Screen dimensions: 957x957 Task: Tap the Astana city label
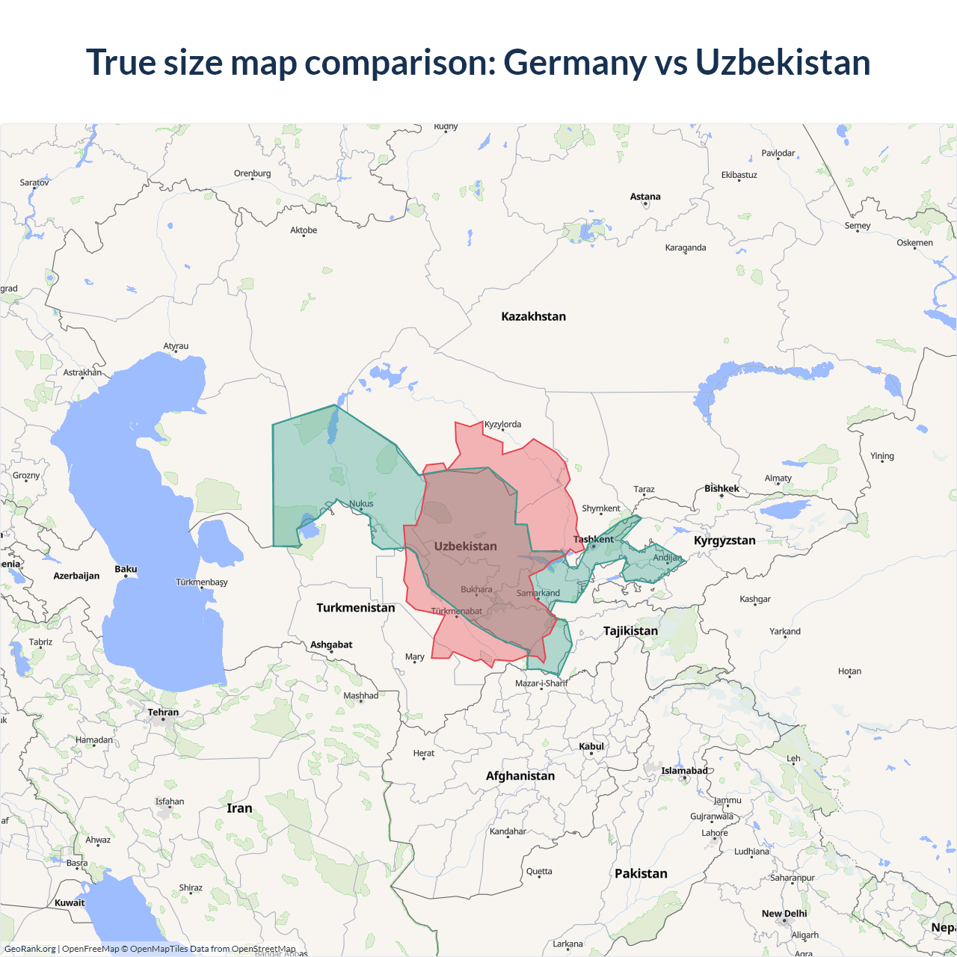point(645,197)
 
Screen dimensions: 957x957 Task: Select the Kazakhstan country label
point(533,316)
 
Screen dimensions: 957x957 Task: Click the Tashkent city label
point(593,539)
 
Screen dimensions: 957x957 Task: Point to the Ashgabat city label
point(331,644)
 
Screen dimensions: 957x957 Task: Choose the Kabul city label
point(591,746)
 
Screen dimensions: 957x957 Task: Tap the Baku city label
point(126,569)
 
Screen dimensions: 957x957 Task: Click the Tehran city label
point(163,712)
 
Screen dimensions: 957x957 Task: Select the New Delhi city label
point(784,914)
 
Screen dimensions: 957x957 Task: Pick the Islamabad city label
point(684,771)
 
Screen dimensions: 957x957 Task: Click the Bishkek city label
point(721,488)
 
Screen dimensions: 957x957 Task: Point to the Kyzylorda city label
point(502,424)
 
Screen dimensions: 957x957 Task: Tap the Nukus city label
point(361,503)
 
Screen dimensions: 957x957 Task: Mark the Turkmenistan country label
point(355,607)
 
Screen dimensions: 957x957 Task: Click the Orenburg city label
point(252,173)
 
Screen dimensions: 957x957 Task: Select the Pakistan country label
point(641,873)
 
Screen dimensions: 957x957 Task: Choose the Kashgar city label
point(754,599)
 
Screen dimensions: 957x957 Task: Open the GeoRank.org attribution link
point(30,949)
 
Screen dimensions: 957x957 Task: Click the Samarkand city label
point(538,593)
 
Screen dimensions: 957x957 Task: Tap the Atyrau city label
point(176,346)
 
